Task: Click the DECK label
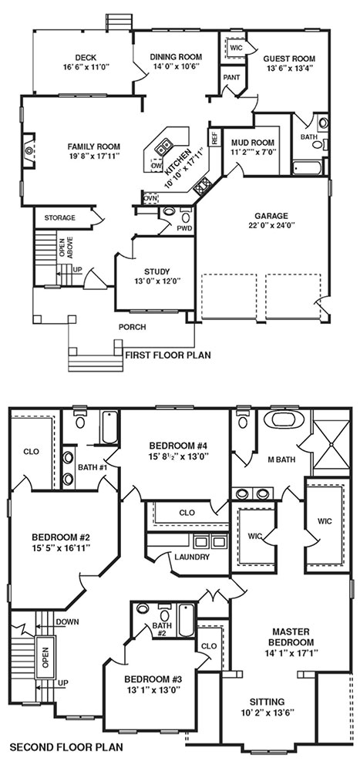click(86, 58)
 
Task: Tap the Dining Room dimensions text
click(176, 66)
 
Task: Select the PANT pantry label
click(231, 77)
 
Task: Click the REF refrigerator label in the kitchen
click(214, 137)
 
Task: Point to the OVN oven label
click(150, 198)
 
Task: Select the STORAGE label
click(59, 217)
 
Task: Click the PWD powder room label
click(184, 228)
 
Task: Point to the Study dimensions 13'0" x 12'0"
click(156, 281)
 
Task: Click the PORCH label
click(132, 327)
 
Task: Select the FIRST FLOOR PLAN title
click(168, 355)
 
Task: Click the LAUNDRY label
click(192, 557)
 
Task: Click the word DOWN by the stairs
click(67, 621)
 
